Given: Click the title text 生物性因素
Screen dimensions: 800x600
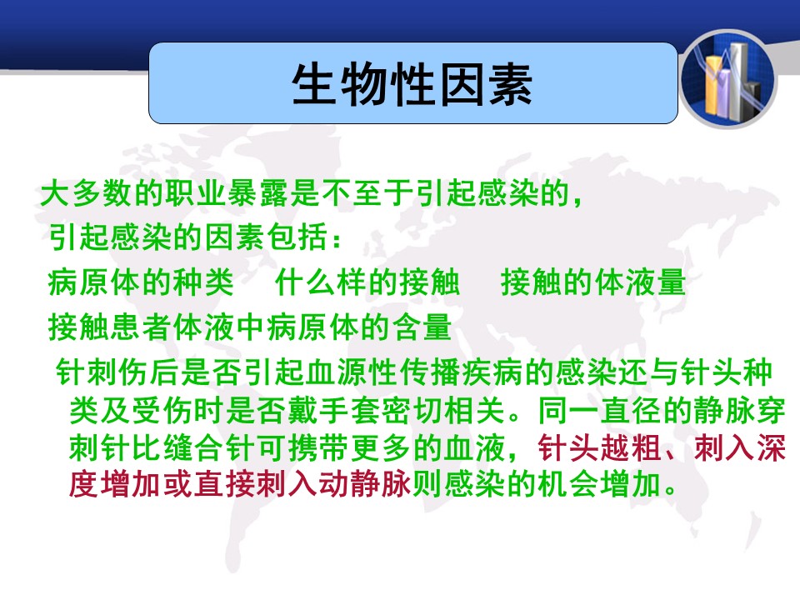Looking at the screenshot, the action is point(412,85).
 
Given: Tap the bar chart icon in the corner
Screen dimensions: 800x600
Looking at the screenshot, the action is point(728,79).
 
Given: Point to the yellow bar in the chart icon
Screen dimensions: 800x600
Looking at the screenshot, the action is point(712,84).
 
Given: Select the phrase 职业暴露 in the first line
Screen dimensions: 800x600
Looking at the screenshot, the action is point(226,193).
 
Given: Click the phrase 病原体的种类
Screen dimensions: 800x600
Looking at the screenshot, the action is point(141,282).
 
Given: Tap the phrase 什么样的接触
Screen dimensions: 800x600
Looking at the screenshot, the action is point(367,282).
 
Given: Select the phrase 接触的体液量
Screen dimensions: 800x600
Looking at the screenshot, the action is point(593,282).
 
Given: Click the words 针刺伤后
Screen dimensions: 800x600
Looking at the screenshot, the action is point(118,372).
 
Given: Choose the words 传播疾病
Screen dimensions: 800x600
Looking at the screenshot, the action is point(462,372).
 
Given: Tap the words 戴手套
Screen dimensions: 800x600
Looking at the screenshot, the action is point(333,410).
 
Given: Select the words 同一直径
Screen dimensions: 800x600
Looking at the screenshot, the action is point(600,410).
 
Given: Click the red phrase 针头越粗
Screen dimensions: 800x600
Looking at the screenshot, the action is point(600,447).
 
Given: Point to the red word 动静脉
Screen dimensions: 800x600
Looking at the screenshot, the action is point(365,483).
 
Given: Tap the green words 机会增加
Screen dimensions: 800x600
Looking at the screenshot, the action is point(600,483).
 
